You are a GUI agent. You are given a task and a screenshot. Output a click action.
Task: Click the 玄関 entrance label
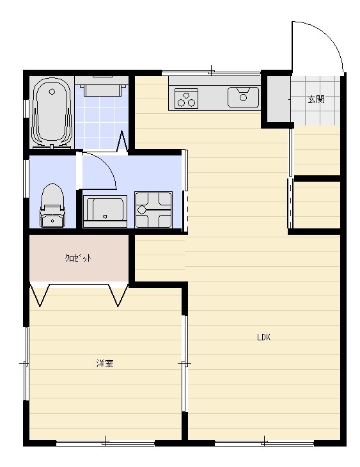point(316,99)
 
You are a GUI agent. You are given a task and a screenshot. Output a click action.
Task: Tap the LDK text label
point(264,337)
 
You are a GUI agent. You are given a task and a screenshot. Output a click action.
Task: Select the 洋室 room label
point(105,363)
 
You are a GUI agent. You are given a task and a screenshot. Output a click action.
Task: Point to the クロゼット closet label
point(78,258)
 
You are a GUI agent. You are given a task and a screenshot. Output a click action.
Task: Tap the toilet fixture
point(52,205)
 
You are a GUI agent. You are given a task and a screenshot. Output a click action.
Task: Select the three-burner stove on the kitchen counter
point(187,98)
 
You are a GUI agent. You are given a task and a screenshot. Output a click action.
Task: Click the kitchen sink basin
point(243,97)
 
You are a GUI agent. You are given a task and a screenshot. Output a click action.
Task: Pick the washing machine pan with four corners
point(153,210)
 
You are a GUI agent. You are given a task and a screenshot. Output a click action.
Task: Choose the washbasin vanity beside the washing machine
point(105,212)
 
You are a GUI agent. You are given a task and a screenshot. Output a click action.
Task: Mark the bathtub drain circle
point(52,91)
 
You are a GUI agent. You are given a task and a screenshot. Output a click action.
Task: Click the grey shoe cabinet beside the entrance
point(278,99)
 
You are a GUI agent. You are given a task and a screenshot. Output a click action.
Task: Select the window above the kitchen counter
point(211,72)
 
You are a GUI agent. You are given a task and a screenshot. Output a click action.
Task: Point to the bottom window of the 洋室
point(106,443)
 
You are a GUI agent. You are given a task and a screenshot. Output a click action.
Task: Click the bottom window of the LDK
point(265,443)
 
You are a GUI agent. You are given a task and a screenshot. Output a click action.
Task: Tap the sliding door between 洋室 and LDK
point(185,363)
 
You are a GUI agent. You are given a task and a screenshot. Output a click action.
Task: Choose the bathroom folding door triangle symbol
point(122,143)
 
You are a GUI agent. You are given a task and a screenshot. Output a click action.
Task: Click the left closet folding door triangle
point(40,295)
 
